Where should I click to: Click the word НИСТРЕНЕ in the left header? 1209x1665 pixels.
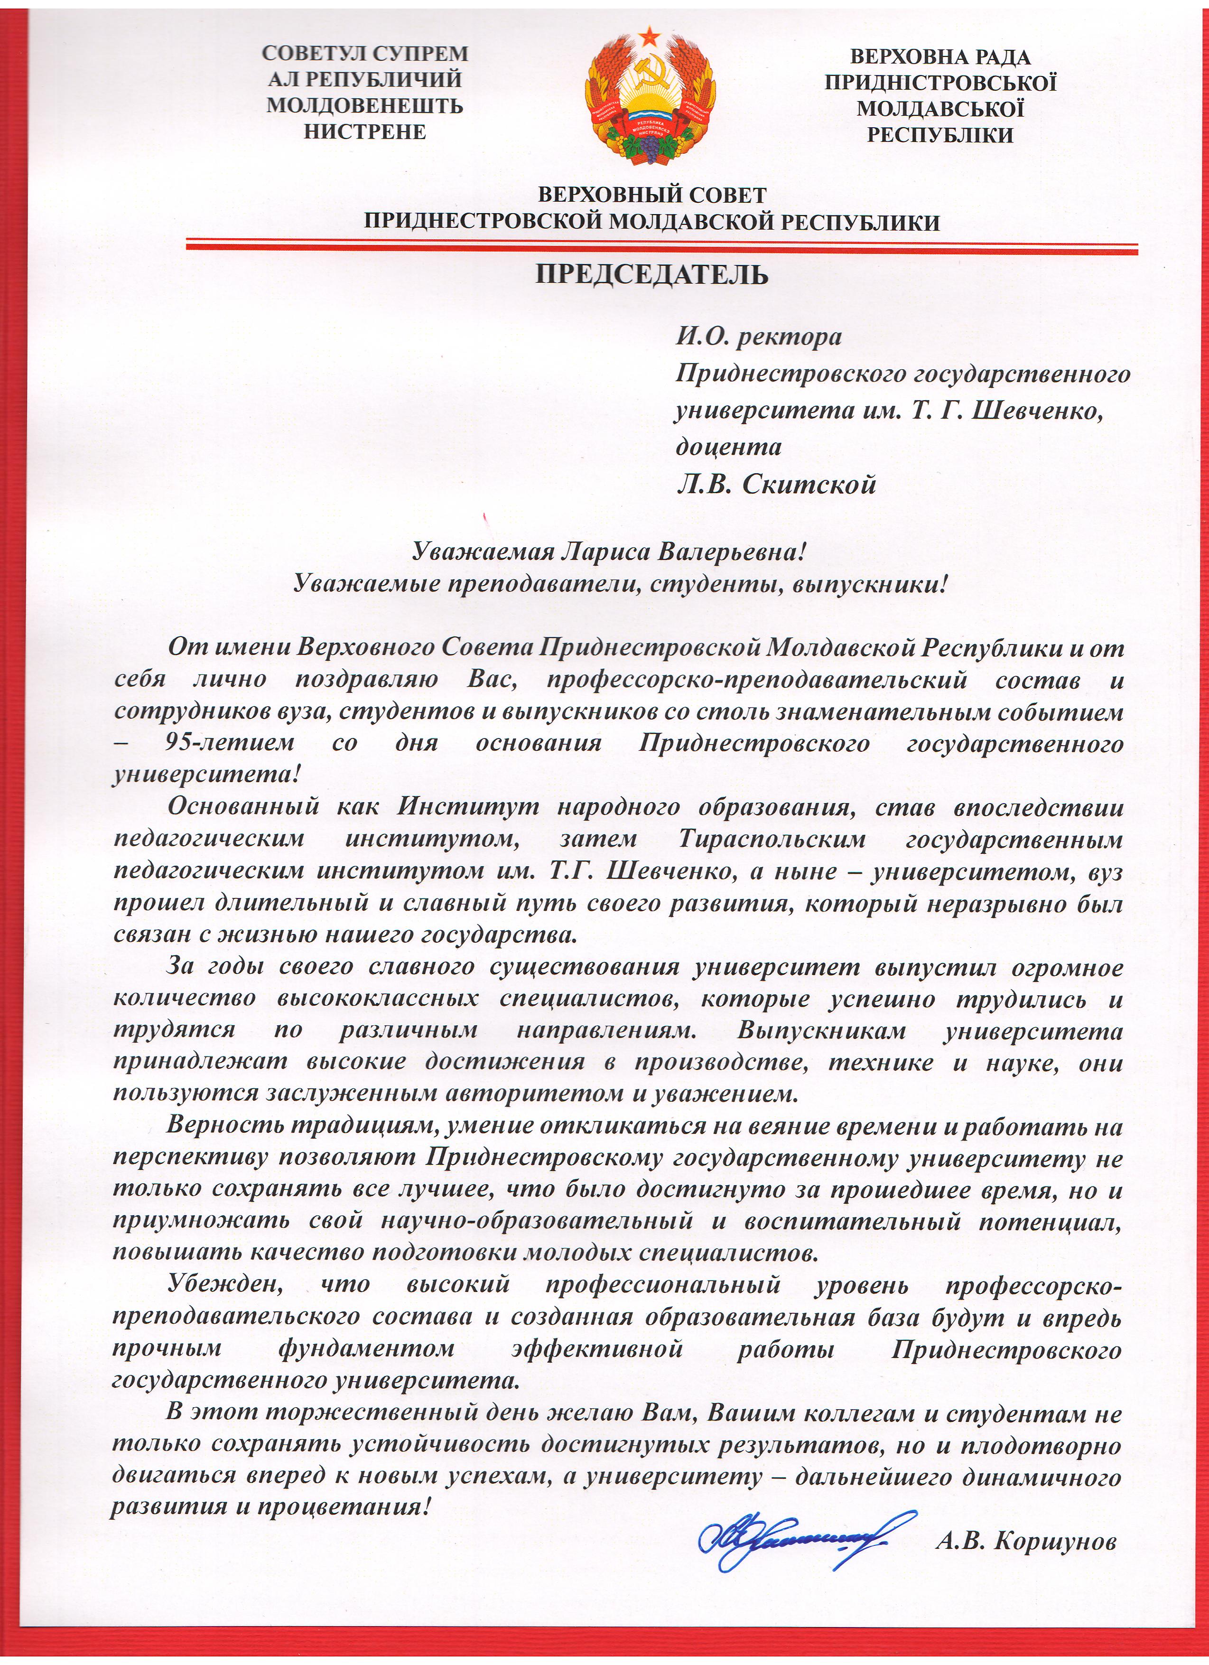(365, 131)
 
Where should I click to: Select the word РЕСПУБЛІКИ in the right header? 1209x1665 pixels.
(940, 135)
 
